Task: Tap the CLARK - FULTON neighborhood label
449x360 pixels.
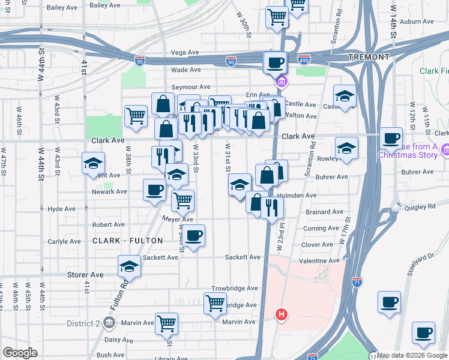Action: (x=128, y=241)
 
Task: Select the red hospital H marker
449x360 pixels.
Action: (x=280, y=314)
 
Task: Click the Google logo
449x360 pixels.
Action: (x=20, y=353)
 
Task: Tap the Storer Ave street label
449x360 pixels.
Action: (x=85, y=274)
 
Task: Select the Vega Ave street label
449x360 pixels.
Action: (x=185, y=53)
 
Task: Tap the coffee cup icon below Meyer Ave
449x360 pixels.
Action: (x=193, y=235)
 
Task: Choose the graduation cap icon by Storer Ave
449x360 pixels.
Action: (x=128, y=266)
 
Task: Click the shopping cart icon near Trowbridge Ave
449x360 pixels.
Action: (x=214, y=303)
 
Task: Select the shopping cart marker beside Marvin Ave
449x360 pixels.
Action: (x=166, y=322)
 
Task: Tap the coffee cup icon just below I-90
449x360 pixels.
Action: (x=276, y=62)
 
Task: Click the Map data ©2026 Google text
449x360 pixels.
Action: (x=412, y=355)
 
